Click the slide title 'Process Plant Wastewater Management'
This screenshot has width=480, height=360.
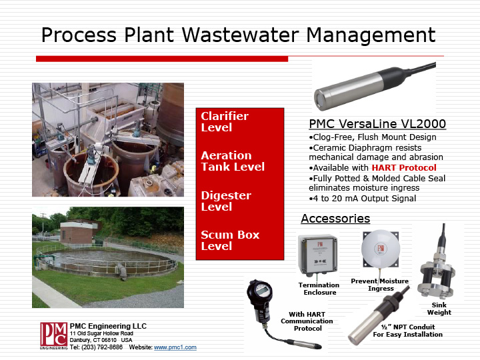(x=239, y=35)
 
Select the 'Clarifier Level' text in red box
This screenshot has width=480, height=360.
(x=225, y=121)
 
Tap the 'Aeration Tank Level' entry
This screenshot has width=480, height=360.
(x=233, y=161)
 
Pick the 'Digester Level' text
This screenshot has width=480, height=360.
(x=226, y=201)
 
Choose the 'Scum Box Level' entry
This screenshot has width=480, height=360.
(x=230, y=240)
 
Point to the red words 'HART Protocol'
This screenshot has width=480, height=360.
(x=404, y=167)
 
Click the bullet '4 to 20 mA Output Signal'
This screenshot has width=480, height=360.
(x=362, y=198)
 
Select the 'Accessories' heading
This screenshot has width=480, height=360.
(x=335, y=219)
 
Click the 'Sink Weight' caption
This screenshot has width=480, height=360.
(x=439, y=308)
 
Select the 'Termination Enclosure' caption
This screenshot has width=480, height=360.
(x=319, y=289)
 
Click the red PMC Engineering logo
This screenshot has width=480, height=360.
(x=53, y=335)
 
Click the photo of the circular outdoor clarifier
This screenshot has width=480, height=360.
(x=107, y=257)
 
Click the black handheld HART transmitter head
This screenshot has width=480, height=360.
(x=260, y=293)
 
